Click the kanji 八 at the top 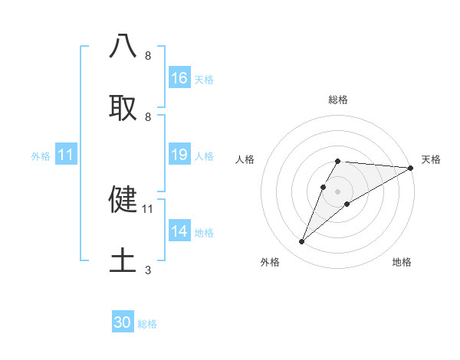pyautogui.click(x=123, y=45)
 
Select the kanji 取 pyautogui.click(x=123, y=106)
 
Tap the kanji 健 pyautogui.click(x=123, y=198)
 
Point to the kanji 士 pyautogui.click(x=123, y=260)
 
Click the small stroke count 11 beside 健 pyautogui.click(x=148, y=208)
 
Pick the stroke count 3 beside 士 pyautogui.click(x=147, y=270)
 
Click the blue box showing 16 pyautogui.click(x=179, y=78)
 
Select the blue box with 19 pyautogui.click(x=179, y=155)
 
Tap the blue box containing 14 pyautogui.click(x=179, y=231)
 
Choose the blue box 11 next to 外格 pyautogui.click(x=66, y=155)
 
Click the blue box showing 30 pyautogui.click(x=123, y=322)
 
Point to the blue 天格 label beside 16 pyautogui.click(x=204, y=79)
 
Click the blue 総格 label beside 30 pyautogui.click(x=147, y=324)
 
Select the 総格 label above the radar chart pyautogui.click(x=337, y=100)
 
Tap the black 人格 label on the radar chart pyautogui.click(x=245, y=159)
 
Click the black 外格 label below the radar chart pyautogui.click(x=270, y=262)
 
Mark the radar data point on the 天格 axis pyautogui.click(x=411, y=168)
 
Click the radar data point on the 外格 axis pyautogui.click(x=301, y=242)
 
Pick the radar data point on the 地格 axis pyautogui.click(x=347, y=204)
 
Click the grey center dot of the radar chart pyautogui.click(x=337, y=191)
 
